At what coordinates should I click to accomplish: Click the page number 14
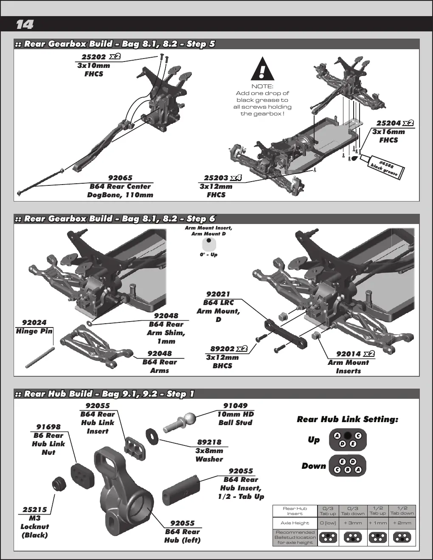click(x=25, y=25)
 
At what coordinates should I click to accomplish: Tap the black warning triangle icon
click(x=262, y=69)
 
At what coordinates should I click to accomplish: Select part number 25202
click(x=94, y=57)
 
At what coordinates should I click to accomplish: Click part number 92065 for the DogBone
click(x=120, y=178)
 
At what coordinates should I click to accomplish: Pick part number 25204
click(x=388, y=123)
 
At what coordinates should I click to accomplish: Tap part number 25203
click(x=216, y=178)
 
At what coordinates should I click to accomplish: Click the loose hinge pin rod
click(x=40, y=358)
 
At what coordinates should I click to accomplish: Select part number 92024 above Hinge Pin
click(x=34, y=323)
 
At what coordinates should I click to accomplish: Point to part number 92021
click(x=218, y=294)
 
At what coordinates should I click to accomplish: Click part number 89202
click(x=222, y=349)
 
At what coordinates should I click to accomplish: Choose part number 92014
click(x=349, y=354)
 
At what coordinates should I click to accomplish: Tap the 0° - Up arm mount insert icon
click(x=209, y=244)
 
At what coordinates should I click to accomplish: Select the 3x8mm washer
click(x=152, y=437)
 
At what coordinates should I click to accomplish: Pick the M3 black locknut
click(x=59, y=484)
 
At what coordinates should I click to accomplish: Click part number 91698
click(x=48, y=427)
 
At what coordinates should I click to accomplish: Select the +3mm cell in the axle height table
click(x=353, y=523)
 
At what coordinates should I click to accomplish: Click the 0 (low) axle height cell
click(x=328, y=523)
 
